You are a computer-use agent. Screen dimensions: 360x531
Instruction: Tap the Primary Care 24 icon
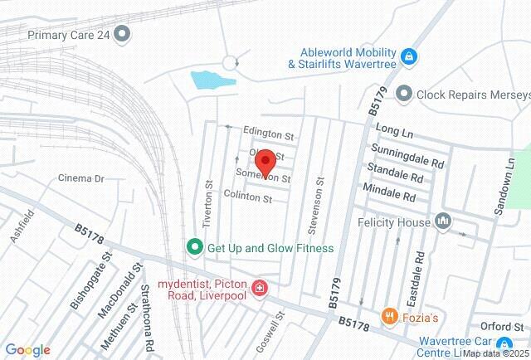click(123, 34)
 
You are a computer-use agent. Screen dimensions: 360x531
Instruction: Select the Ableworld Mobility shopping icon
click(407, 56)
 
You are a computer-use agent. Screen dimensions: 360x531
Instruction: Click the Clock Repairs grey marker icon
click(404, 94)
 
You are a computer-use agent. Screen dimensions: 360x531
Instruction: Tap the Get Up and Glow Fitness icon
click(194, 247)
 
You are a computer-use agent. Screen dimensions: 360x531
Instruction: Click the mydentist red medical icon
click(261, 288)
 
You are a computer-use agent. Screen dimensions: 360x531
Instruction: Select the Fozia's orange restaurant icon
click(387, 316)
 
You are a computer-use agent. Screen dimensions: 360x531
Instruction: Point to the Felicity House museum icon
click(443, 221)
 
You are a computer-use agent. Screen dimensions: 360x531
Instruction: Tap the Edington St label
click(269, 132)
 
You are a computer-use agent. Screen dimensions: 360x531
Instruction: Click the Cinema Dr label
click(80, 178)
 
